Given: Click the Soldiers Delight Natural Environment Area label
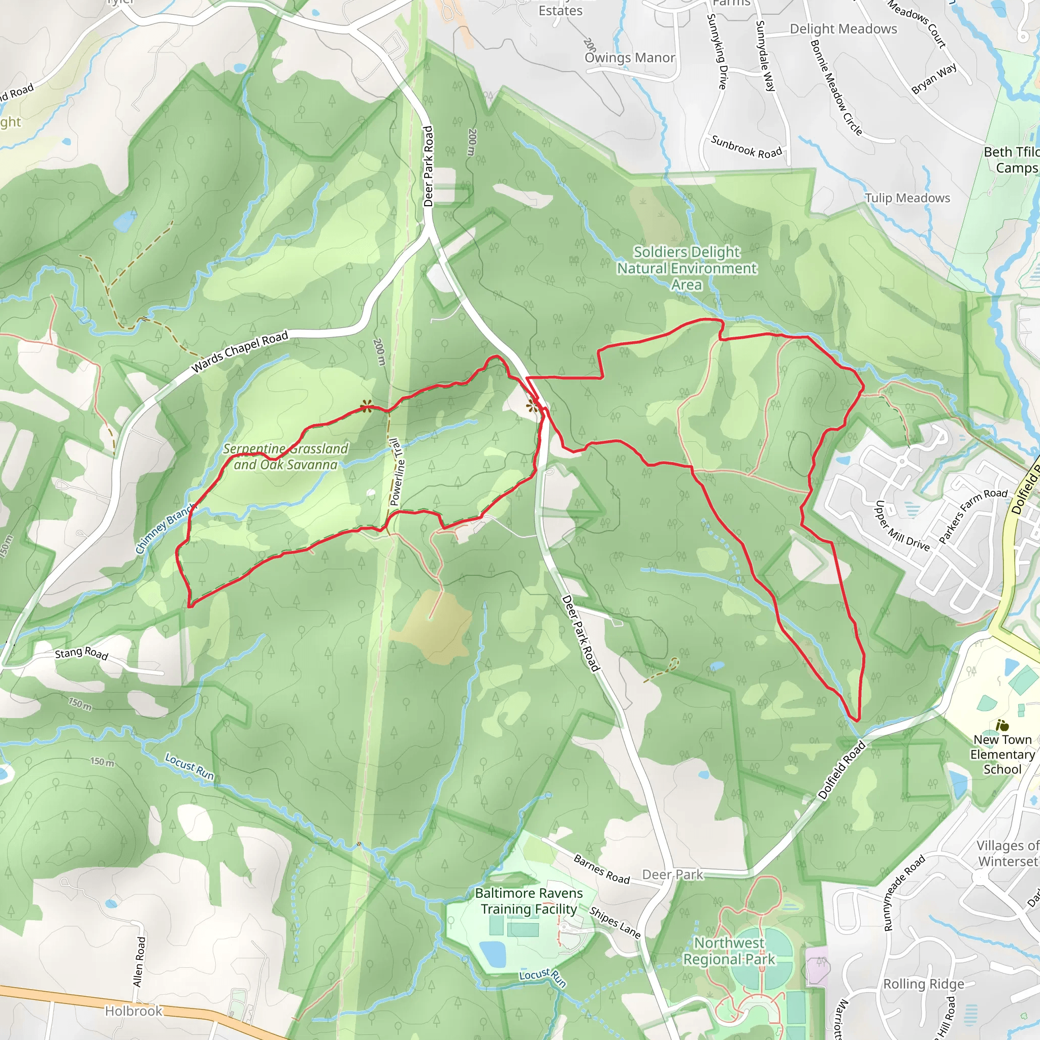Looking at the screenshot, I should pos(687,268).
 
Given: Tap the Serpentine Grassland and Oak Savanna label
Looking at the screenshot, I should pos(286,457).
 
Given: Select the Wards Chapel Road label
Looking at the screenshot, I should pos(240,352).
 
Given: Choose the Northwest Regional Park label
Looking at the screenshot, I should pos(729,951).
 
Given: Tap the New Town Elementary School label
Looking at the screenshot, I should pos(1002,754).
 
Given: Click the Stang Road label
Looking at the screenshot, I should pos(82,654).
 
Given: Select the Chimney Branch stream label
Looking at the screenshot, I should pos(164,529).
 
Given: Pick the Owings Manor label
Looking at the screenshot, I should pos(629,57).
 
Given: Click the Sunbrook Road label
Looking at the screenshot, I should pos(746,147).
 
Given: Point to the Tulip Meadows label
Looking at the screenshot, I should pos(907,198).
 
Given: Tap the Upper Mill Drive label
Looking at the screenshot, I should pos(902,526).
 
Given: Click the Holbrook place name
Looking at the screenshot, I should pos(134,1011).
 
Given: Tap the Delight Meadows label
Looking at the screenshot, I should pos(843,29).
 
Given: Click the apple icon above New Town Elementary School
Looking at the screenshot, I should pos(1002,725).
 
